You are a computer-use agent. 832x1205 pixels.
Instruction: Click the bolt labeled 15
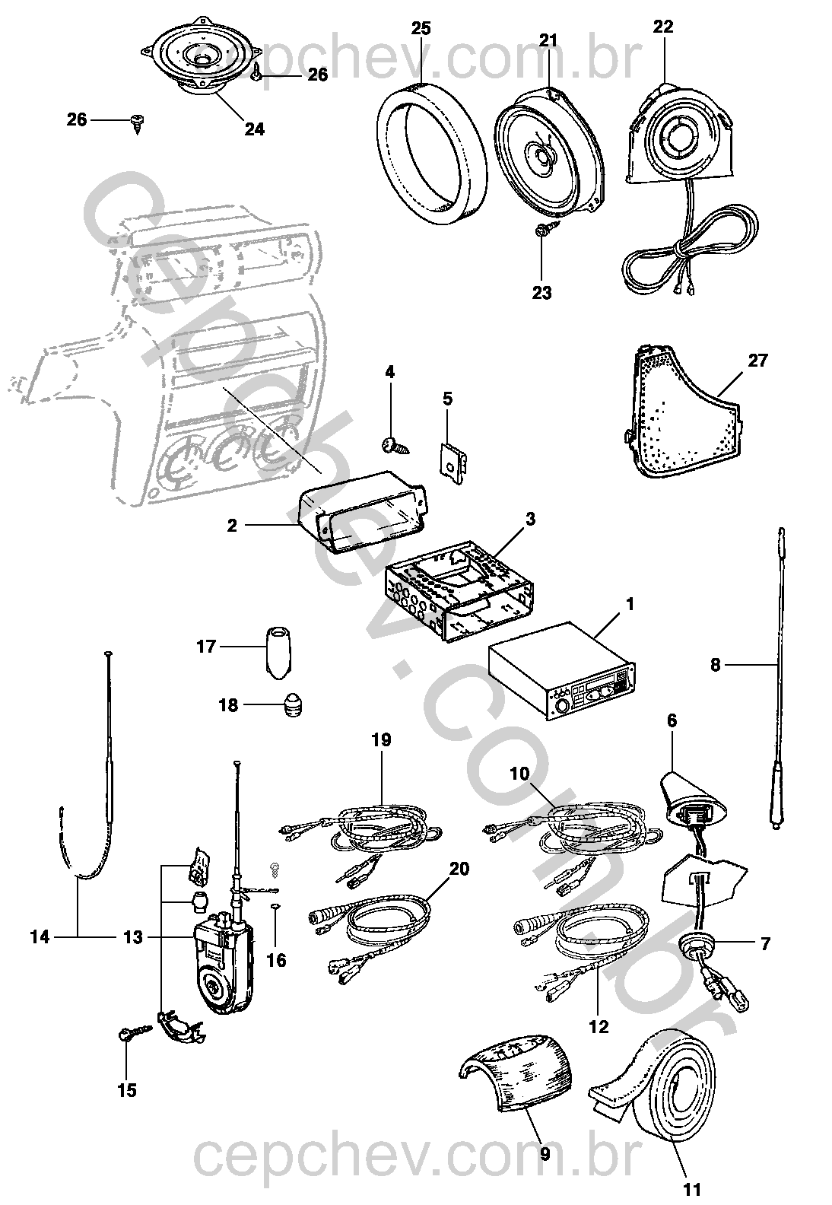pos(127,1033)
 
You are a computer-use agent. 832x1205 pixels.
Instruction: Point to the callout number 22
pos(663,27)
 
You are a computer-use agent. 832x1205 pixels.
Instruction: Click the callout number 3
pos(530,520)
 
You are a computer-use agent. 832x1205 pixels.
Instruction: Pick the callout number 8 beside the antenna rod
pos(714,665)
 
